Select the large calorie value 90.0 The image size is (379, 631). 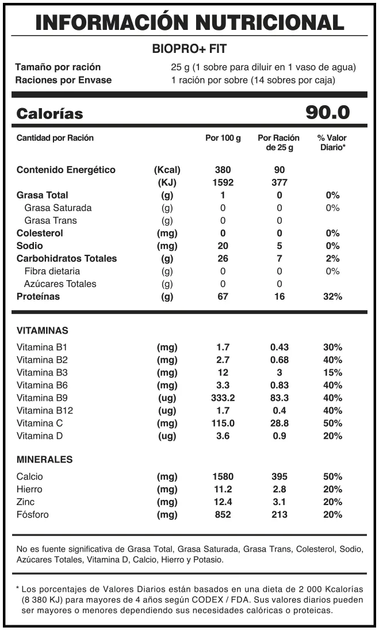(327, 113)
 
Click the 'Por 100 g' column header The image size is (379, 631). (223, 138)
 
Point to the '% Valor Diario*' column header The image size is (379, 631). (332, 143)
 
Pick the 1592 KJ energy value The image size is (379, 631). (223, 182)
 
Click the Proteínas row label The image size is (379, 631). (38, 296)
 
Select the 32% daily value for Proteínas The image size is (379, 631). (333, 296)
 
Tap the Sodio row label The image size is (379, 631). (29, 246)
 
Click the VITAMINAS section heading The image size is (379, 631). (43, 331)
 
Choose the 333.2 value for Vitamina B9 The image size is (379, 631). (223, 397)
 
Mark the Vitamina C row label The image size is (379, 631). (39, 423)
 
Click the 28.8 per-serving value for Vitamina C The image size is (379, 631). (280, 423)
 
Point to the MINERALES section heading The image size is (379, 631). (44, 460)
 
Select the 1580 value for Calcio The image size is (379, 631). (223, 476)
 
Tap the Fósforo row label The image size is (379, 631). (33, 514)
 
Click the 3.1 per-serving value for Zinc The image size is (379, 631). (280, 502)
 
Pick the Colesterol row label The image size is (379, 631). (40, 233)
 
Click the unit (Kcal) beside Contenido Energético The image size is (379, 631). (167, 170)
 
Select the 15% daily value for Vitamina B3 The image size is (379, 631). (333, 372)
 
